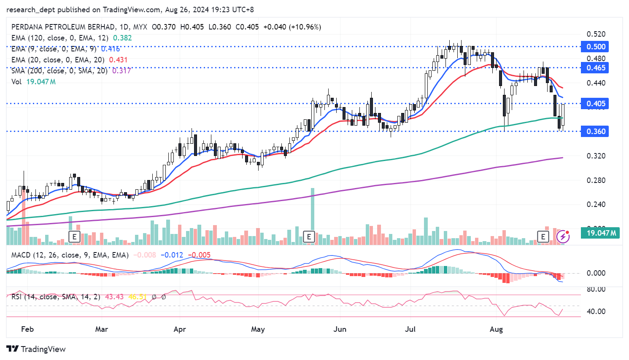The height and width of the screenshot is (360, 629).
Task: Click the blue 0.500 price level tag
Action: pyautogui.click(x=595, y=47)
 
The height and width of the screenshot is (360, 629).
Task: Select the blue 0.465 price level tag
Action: pyautogui.click(x=595, y=68)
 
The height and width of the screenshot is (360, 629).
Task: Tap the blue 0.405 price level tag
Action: pyautogui.click(x=595, y=104)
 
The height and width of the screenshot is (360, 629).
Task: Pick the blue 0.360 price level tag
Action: pyautogui.click(x=595, y=132)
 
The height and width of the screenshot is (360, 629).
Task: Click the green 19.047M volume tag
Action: pyautogui.click(x=601, y=233)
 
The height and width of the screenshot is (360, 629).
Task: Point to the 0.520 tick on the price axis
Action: pyautogui.click(x=596, y=34)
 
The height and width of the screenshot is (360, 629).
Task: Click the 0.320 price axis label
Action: pyautogui.click(x=596, y=156)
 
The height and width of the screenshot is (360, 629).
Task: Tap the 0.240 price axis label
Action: pyautogui.click(x=596, y=204)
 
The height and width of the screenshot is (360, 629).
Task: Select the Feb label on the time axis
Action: pyautogui.click(x=27, y=329)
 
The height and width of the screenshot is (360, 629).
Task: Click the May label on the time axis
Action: pyautogui.click(x=258, y=329)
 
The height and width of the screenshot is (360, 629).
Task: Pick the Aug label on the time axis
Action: pyautogui.click(x=496, y=329)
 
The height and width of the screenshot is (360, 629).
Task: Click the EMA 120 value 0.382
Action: pyautogui.click(x=122, y=38)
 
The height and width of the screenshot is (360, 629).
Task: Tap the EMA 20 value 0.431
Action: pyautogui.click(x=118, y=60)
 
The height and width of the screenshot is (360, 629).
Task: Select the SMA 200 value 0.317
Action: pyautogui.click(x=121, y=71)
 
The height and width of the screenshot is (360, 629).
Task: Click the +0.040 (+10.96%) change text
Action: pyautogui.click(x=292, y=27)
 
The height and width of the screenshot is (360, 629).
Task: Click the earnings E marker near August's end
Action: pyautogui.click(x=543, y=236)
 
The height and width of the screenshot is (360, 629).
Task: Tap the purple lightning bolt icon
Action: pyautogui.click(x=563, y=236)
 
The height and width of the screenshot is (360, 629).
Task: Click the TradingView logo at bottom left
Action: pyautogui.click(x=36, y=349)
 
